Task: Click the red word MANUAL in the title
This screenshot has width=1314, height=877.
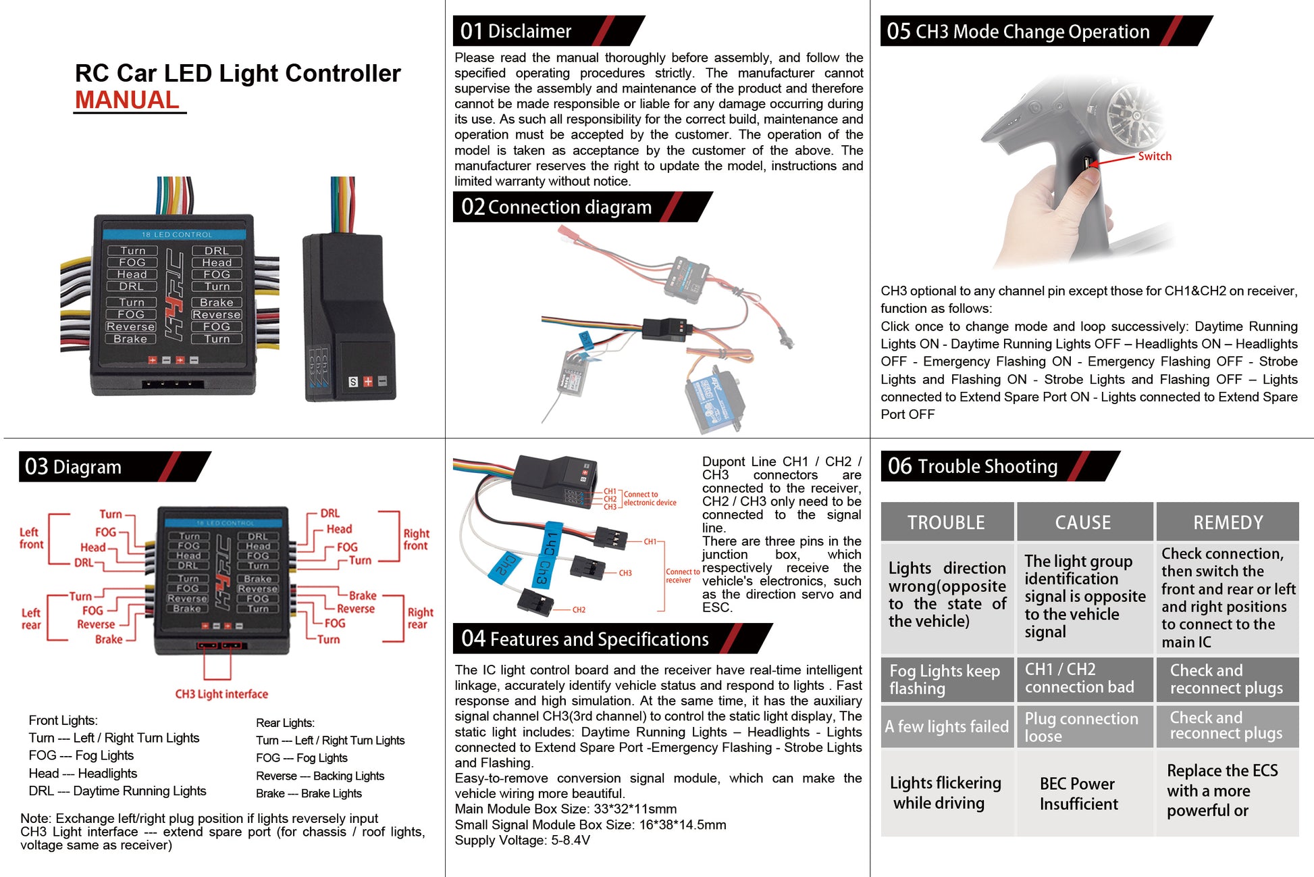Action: (127, 100)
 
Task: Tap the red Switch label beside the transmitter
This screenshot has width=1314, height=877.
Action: (1154, 156)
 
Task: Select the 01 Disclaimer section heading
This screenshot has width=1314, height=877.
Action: (516, 31)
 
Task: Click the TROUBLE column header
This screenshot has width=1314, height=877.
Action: (946, 522)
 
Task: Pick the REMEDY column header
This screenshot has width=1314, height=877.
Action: (1227, 522)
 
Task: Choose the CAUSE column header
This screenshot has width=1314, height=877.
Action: (1083, 522)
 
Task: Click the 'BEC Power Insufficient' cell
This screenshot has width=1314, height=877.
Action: (1078, 793)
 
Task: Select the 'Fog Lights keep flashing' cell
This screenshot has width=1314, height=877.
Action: (944, 679)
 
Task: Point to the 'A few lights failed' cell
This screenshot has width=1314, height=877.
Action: (946, 726)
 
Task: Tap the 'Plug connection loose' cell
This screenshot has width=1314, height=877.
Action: (1081, 727)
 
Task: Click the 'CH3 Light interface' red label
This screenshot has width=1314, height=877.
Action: (221, 694)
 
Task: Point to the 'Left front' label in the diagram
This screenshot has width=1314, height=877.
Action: (31, 538)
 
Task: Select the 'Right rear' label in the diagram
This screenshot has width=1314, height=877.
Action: (420, 618)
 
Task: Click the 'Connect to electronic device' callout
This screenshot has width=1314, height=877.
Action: (650, 499)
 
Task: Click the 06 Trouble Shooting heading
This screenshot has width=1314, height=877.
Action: (972, 466)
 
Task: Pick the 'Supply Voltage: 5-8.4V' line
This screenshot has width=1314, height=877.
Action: (522, 841)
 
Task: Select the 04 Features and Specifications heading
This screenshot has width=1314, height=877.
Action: (585, 639)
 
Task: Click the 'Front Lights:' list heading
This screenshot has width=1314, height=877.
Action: (63, 720)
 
